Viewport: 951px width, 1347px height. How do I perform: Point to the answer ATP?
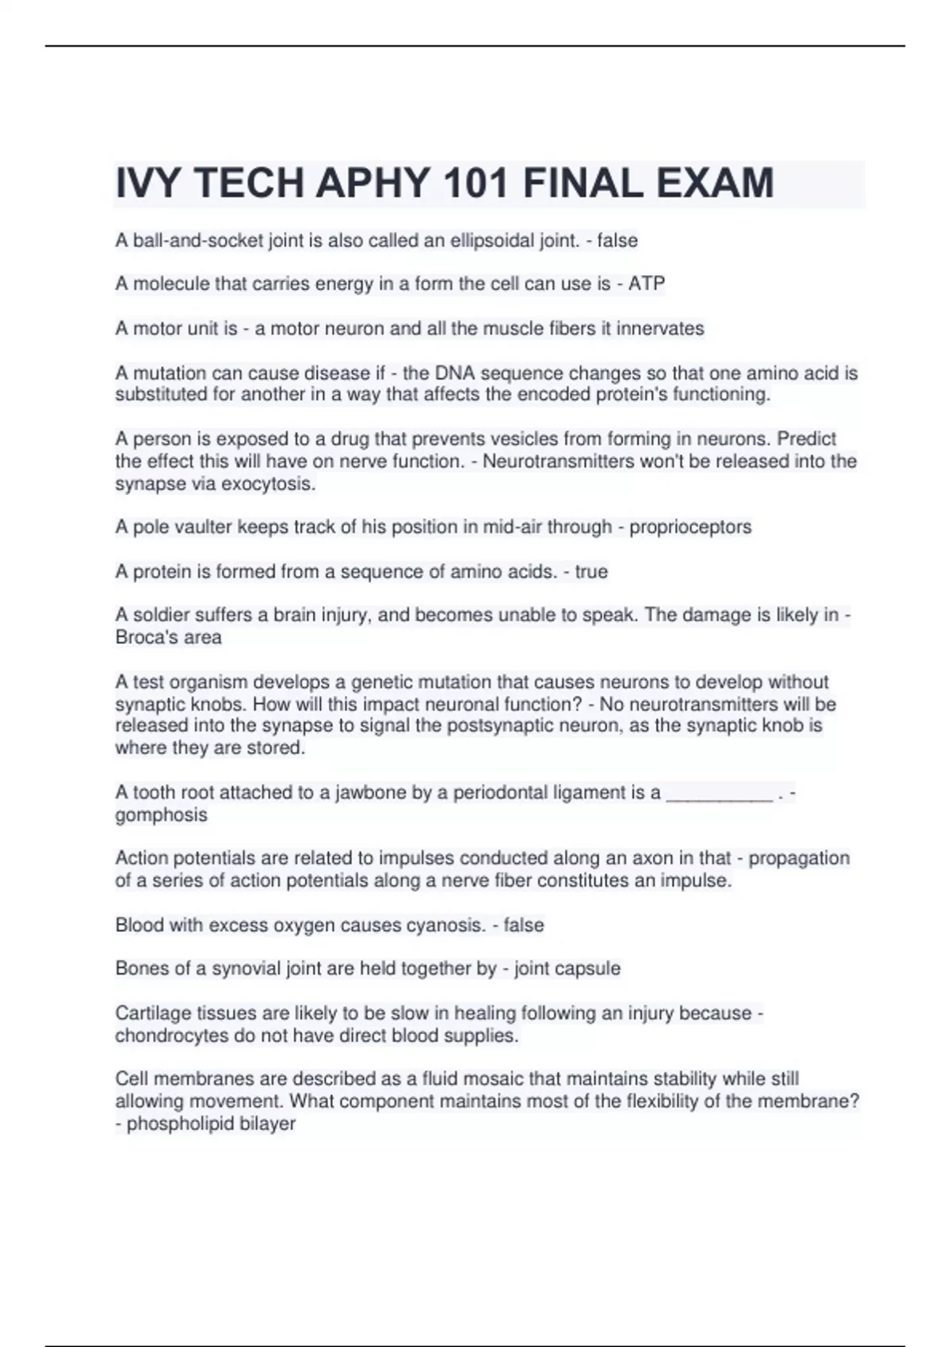[x=647, y=284]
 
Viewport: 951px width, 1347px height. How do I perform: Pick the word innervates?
[x=660, y=329]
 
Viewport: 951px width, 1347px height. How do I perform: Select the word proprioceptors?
[x=690, y=528]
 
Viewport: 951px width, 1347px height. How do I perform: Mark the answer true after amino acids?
[x=591, y=572]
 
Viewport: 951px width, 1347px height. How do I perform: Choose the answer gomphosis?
[x=161, y=815]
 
